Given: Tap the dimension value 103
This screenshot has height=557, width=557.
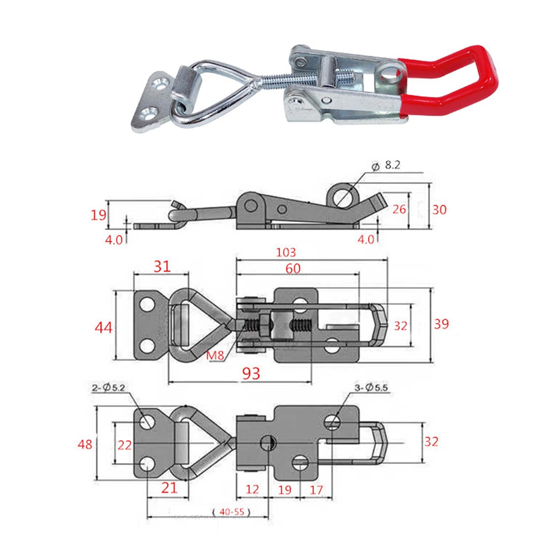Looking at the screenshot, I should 286,252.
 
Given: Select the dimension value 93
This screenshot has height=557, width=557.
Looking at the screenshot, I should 251,374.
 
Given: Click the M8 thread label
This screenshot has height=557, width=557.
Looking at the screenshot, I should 215,356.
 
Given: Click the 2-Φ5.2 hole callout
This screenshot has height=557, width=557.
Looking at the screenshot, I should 108,387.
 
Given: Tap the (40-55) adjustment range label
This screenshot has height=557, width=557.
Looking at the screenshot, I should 231,512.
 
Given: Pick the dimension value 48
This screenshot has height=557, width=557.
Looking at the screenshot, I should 85,445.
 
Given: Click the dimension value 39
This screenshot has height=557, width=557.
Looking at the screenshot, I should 441,324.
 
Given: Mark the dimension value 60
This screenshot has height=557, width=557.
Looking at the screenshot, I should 293,269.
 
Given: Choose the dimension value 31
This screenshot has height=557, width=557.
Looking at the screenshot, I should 162,267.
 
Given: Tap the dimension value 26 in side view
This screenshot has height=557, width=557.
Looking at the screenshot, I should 399,209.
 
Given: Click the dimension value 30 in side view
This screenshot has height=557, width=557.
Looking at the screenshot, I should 439,210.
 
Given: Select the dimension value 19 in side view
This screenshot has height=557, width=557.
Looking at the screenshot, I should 98,215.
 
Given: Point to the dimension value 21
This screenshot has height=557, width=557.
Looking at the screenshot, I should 169,488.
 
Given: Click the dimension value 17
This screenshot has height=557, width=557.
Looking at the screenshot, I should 316,490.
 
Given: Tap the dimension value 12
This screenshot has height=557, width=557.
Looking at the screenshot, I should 252,489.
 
